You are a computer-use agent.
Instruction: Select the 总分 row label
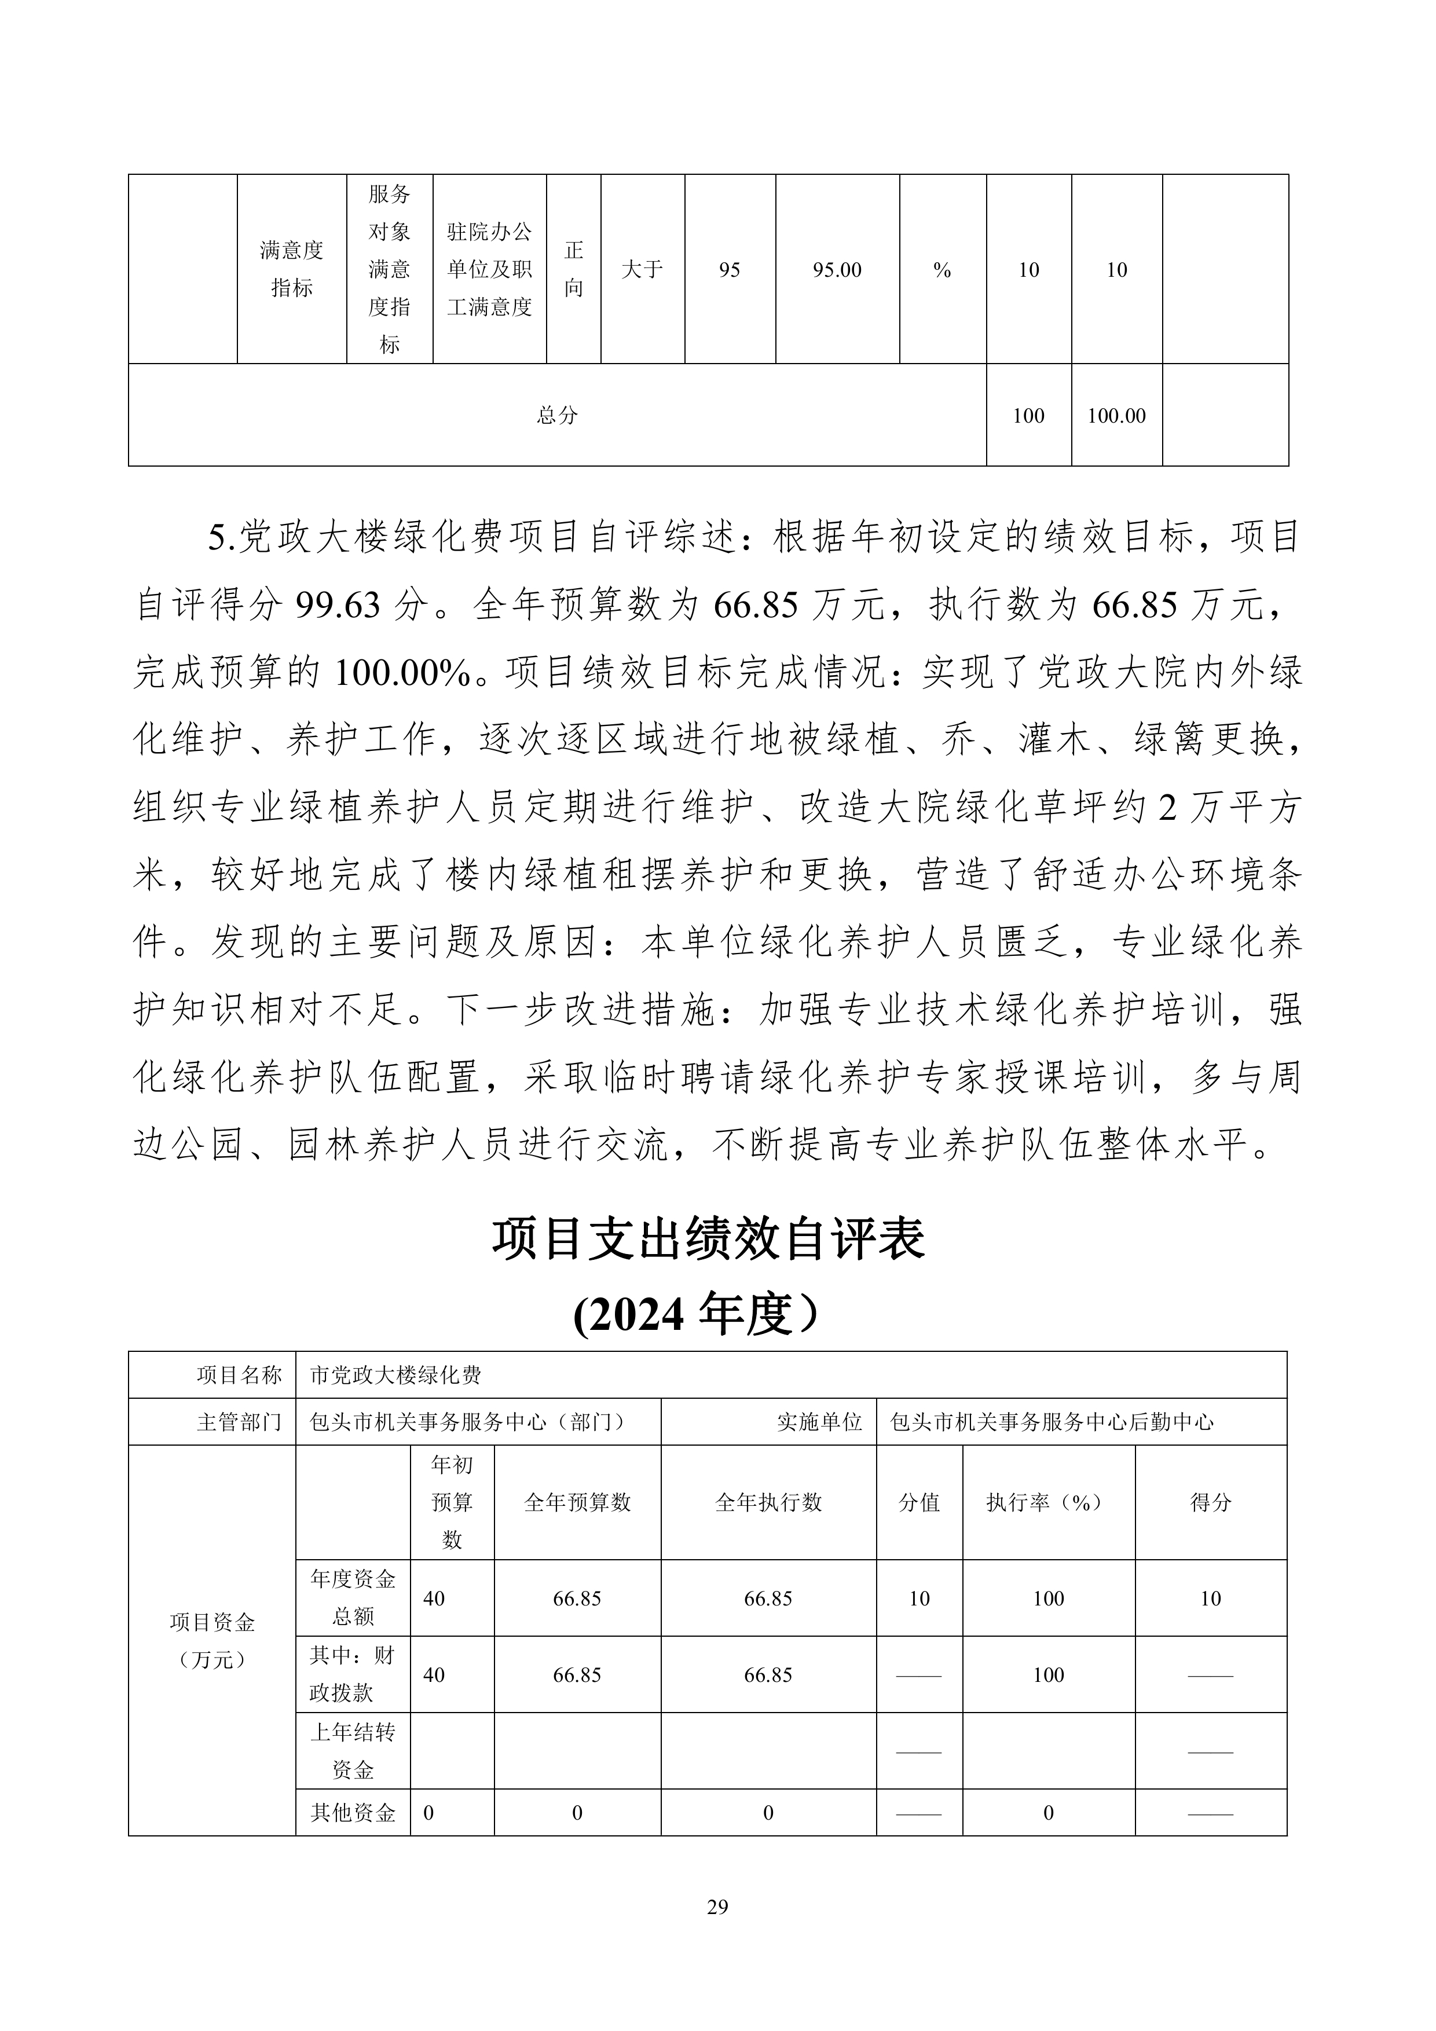coord(558,415)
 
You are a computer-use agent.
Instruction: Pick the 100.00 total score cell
coord(1116,416)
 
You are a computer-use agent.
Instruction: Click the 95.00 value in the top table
coord(837,270)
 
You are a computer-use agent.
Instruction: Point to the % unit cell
coord(942,270)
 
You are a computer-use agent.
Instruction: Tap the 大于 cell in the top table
coord(642,270)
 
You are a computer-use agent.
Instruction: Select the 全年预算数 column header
coord(577,1501)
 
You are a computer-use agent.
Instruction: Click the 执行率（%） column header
coord(1049,1501)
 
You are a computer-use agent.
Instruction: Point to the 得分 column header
coord(1210,1501)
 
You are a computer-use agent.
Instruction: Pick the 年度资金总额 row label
coord(353,1597)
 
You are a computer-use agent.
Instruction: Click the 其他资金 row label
coord(353,1813)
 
